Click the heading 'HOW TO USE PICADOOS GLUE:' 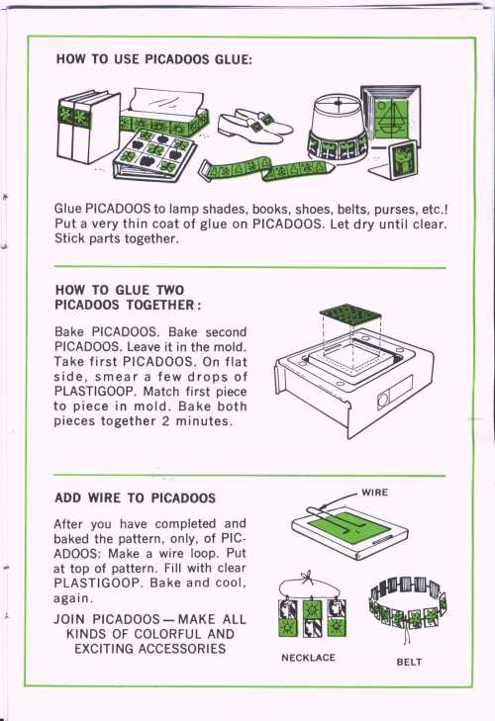coord(153,59)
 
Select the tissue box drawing coord(163,114)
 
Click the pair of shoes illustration coord(254,124)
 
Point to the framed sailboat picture coord(391,115)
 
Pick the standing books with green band coord(88,126)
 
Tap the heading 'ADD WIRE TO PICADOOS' coord(135,498)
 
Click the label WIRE coord(375,493)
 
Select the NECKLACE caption coord(308,658)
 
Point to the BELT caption coord(409,662)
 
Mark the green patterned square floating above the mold coord(350,315)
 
